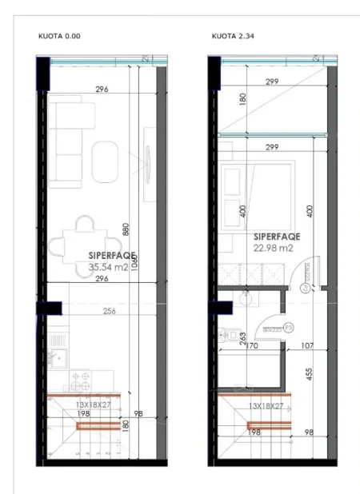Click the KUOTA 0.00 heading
coord(59,36)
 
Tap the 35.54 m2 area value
coord(109,268)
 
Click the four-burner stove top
coord(81,378)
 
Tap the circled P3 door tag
coord(278,328)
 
